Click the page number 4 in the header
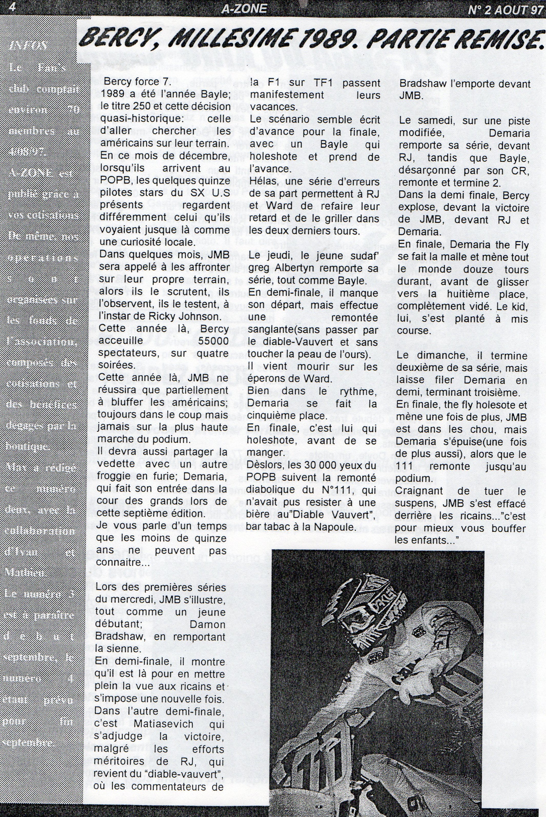click(13, 7)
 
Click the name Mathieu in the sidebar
click(23, 572)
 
